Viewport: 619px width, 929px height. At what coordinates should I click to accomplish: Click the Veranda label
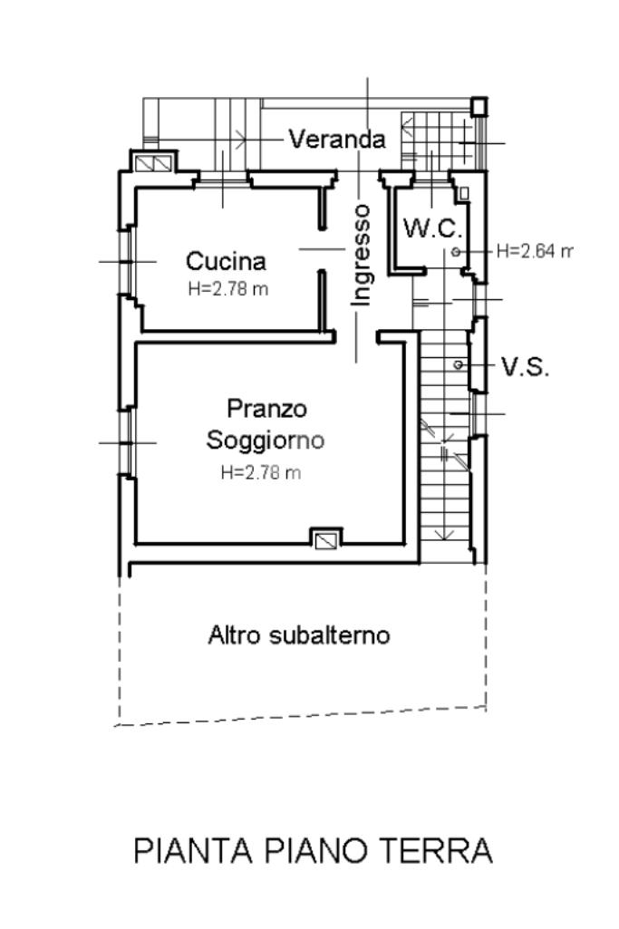click(x=337, y=140)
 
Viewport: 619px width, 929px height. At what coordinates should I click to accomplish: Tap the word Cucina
click(x=226, y=262)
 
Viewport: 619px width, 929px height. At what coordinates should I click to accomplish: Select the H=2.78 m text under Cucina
click(x=227, y=290)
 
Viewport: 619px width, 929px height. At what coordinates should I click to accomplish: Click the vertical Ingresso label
click(x=362, y=255)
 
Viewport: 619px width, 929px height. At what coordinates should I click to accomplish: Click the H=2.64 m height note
click(x=534, y=251)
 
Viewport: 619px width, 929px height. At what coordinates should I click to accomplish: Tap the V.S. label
click(x=525, y=367)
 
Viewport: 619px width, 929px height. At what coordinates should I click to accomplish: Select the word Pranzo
click(x=266, y=409)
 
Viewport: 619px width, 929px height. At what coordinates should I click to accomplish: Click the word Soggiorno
click(x=266, y=441)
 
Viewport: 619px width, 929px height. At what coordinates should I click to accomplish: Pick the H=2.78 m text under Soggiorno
click(x=260, y=472)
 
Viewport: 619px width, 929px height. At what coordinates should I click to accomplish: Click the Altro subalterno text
click(x=299, y=635)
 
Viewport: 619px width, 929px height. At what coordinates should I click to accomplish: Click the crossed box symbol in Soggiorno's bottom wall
click(x=325, y=539)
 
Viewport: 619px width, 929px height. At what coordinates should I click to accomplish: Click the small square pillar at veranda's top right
click(x=478, y=107)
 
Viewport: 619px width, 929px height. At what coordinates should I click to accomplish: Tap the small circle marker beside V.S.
click(x=459, y=364)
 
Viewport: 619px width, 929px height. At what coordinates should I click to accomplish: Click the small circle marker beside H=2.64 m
click(x=456, y=251)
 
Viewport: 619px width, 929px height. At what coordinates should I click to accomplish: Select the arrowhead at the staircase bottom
click(x=444, y=534)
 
